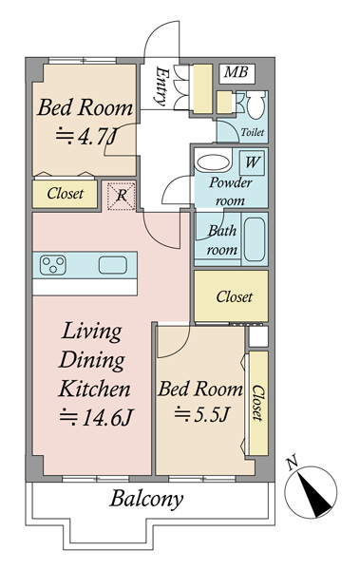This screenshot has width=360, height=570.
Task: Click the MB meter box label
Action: coord(237,72)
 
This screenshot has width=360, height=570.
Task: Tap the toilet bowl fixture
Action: coord(256,104)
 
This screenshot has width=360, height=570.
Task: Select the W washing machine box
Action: coord(252,162)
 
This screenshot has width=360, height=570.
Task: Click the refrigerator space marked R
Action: coord(122,196)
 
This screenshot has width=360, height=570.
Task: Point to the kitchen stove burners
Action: coord(53,265)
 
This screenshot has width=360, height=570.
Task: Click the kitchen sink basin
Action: coord(113,265)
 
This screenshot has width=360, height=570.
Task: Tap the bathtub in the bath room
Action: coord(255,239)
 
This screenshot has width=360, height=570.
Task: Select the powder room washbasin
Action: coord(213,162)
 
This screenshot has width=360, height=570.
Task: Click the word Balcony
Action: coord(146,500)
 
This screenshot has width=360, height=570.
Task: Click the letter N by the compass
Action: coord(292,463)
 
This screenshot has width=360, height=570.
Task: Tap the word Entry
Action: coord(161,86)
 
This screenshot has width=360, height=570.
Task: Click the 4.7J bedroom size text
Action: coord(86,138)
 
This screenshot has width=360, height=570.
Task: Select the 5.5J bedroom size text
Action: coord(201,414)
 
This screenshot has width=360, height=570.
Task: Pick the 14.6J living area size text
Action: coord(97,417)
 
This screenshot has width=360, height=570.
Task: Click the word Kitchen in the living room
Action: coord(94,389)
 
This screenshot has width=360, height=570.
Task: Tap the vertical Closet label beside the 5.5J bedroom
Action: coord(257,403)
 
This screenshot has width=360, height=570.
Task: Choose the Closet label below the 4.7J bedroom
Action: coord(66,194)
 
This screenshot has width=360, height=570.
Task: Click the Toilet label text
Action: coord(253,132)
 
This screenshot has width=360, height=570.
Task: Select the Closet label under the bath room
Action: coord(235,297)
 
